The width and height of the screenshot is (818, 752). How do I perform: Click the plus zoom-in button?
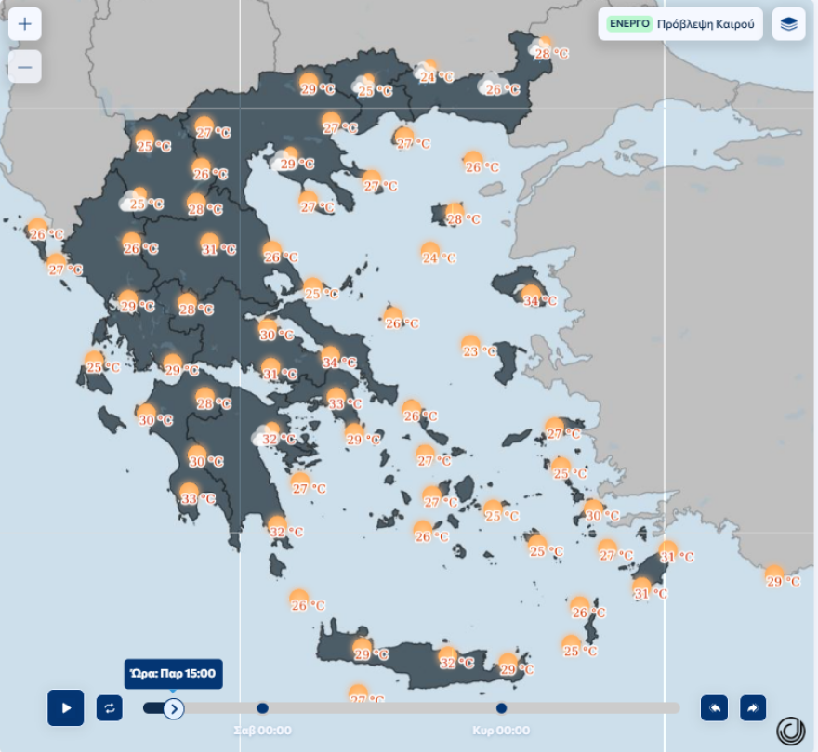[24, 24]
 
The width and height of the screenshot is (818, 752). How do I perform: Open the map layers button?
[788, 24]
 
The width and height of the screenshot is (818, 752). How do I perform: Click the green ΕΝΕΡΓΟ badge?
[629, 24]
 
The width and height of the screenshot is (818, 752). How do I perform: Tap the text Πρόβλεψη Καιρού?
[705, 24]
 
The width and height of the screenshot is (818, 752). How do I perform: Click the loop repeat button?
[109, 708]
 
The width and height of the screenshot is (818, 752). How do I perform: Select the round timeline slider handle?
[174, 708]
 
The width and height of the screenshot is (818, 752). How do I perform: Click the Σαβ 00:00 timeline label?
[262, 731]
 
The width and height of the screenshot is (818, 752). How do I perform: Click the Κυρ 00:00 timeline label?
[501, 731]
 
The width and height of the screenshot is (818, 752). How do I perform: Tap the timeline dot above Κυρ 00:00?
[501, 708]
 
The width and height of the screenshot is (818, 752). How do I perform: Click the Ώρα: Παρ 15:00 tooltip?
[174, 674]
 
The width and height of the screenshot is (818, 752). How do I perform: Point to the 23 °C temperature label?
[481, 351]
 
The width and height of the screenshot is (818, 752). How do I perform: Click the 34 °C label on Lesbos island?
[539, 300]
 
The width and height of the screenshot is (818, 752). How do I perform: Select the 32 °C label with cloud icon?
[277, 439]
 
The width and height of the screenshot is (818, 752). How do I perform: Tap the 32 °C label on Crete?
[455, 663]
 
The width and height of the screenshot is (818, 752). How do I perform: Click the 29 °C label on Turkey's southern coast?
[782, 581]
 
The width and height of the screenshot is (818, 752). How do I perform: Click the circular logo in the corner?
[790, 731]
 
